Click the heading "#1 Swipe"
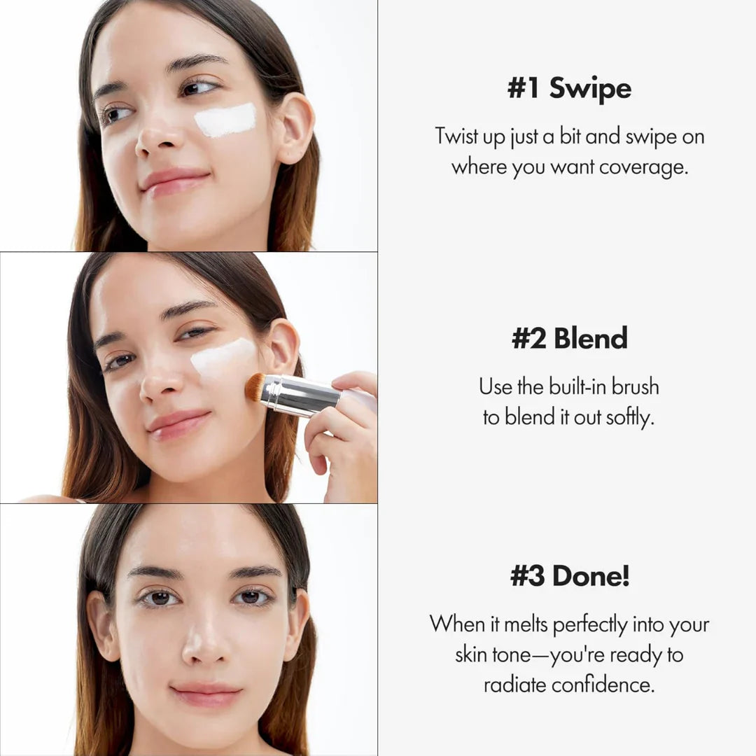(x=569, y=90)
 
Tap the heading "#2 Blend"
(x=569, y=339)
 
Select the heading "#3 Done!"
(x=569, y=577)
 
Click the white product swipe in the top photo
(x=225, y=120)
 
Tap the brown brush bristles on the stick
(x=255, y=387)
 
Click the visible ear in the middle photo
(x=283, y=347)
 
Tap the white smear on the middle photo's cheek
(x=223, y=357)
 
